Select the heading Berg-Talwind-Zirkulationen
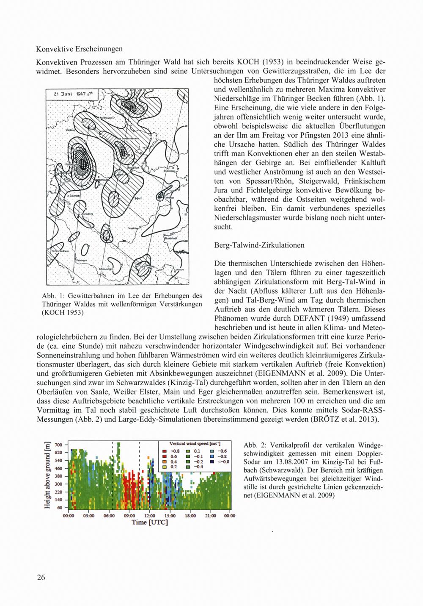[259, 245]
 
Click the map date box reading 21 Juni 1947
[72, 95]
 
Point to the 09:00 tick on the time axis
[129, 516]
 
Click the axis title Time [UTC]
[150, 523]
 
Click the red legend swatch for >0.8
[164, 450]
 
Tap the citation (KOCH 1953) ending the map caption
[62, 313]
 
